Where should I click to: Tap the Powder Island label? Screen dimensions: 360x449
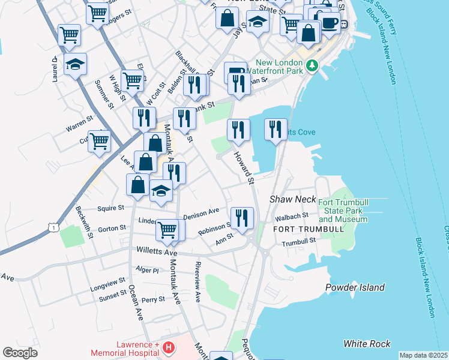[355, 287]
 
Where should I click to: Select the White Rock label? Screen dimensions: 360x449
[366, 344]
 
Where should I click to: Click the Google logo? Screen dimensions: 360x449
[20, 352]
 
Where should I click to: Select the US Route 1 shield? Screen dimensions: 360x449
[54, 227]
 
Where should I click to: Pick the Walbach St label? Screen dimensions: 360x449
[291, 215]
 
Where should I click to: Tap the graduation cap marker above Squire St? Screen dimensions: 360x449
[161, 191]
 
